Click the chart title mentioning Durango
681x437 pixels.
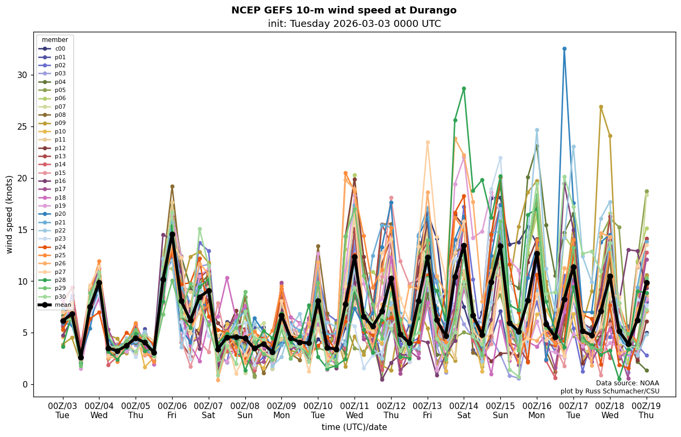344,10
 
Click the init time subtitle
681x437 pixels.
354,24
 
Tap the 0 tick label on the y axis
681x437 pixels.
24,384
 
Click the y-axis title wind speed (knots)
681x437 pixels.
10,214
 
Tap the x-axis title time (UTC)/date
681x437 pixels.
354,427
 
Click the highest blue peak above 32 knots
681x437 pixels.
564,48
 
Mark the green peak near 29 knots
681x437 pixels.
464,88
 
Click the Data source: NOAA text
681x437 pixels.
627,383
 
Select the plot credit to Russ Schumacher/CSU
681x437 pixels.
609,391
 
